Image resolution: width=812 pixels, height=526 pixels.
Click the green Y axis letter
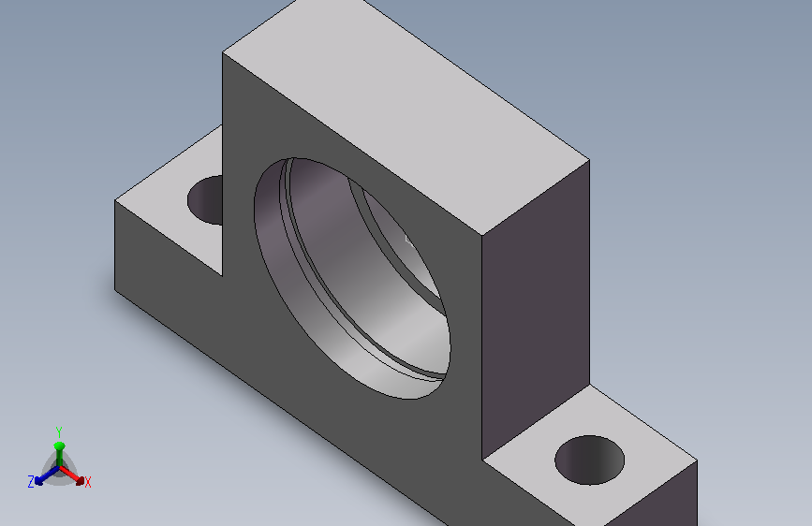coord(59,431)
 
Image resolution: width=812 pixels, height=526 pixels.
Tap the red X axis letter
coord(87,483)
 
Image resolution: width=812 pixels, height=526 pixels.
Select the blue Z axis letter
coord(31,482)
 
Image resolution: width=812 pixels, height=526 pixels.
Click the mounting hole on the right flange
coord(589,460)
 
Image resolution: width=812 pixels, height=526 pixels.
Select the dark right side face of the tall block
coord(536,311)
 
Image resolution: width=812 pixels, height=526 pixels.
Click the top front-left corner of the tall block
coord(223,52)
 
